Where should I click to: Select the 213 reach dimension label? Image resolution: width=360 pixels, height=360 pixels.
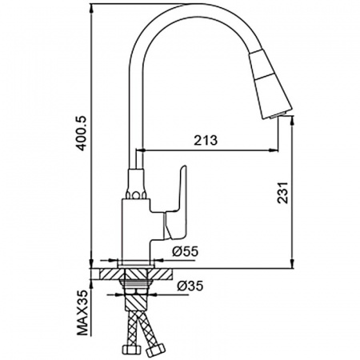[206, 140]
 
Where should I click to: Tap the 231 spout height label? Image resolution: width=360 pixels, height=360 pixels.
[282, 193]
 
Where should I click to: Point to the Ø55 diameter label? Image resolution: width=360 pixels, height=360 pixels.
[185, 251]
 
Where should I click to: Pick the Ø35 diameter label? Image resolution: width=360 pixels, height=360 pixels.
[190, 286]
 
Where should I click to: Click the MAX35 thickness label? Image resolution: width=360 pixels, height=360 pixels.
[82, 313]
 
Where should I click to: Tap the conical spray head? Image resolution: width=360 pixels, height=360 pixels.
[270, 84]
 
